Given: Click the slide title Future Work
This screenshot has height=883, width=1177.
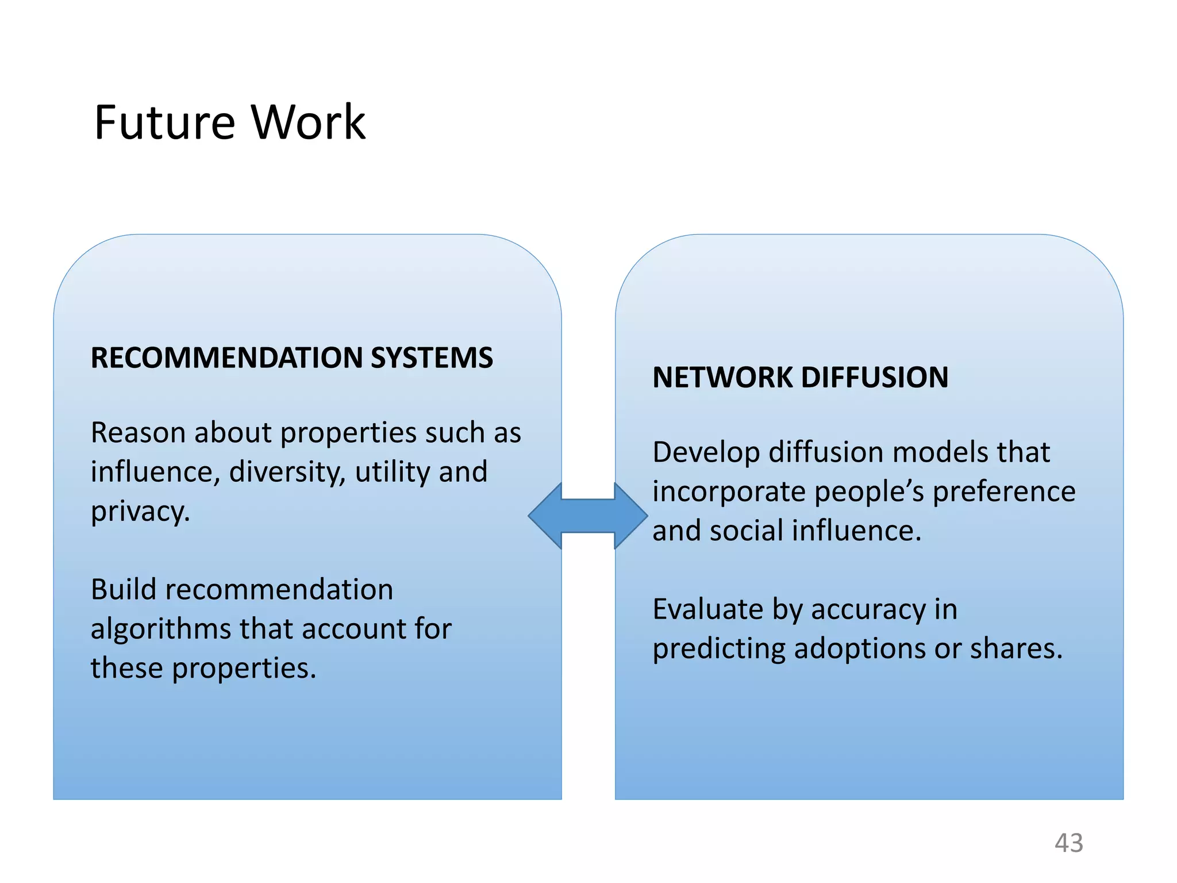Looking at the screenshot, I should tap(229, 122).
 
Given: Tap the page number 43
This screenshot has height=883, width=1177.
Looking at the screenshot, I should tap(1068, 843).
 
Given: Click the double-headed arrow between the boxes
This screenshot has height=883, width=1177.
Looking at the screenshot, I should tap(588, 516).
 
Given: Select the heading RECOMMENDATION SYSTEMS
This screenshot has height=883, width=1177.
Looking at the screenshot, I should tap(291, 358).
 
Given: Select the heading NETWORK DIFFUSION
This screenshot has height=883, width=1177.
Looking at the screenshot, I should tap(800, 378).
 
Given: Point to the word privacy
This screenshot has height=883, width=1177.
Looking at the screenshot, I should tap(140, 512).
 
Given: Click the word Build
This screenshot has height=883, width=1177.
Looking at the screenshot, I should tap(124, 590).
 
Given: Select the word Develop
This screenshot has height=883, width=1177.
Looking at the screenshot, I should tap(706, 453).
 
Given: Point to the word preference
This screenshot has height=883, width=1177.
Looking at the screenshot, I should tap(1003, 492).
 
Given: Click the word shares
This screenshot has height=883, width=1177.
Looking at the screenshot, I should tap(1016, 649).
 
